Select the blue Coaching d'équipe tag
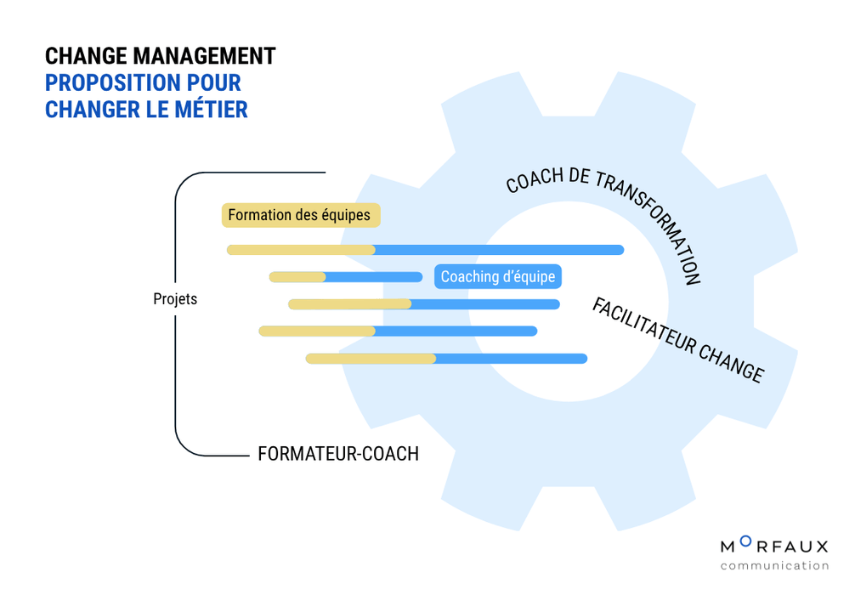498,277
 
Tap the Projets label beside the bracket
175,299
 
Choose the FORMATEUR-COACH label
338,454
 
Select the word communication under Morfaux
774,565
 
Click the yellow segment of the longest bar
301,250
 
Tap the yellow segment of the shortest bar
297,277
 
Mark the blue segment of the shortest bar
374,277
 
